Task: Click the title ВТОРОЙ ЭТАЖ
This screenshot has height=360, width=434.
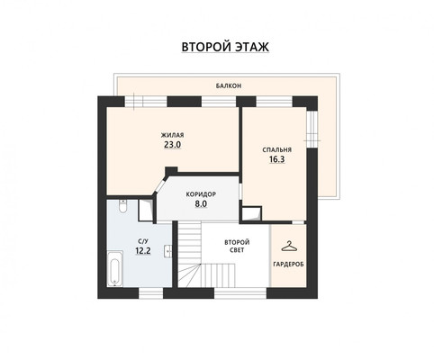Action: [x=225, y=47]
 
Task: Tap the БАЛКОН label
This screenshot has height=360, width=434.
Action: [x=229, y=85]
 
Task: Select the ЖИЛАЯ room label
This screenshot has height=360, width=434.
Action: [x=172, y=135]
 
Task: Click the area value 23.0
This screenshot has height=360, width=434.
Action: [x=172, y=145]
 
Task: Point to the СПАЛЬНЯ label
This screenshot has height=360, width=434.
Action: [x=276, y=149]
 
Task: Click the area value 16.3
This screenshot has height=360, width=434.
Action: [x=276, y=159]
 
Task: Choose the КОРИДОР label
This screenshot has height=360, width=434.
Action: [x=201, y=194]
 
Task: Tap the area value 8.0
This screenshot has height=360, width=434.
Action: [x=201, y=204]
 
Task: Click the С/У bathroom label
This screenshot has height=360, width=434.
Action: [x=143, y=241]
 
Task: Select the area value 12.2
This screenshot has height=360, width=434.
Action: [x=143, y=250]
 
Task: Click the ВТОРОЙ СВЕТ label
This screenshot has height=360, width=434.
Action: [x=237, y=246]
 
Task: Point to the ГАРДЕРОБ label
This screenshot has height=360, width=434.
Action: [x=288, y=265]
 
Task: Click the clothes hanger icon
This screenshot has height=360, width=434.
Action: [x=289, y=247]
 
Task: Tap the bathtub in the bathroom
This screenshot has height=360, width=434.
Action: [x=115, y=268]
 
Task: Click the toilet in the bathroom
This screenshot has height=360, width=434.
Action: [x=122, y=206]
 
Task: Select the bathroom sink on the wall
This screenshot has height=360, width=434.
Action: [x=168, y=251]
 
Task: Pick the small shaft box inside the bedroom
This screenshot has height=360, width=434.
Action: [x=251, y=214]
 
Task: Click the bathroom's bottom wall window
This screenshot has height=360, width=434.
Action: [x=150, y=293]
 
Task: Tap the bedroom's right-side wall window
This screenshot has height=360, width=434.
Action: [x=312, y=130]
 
